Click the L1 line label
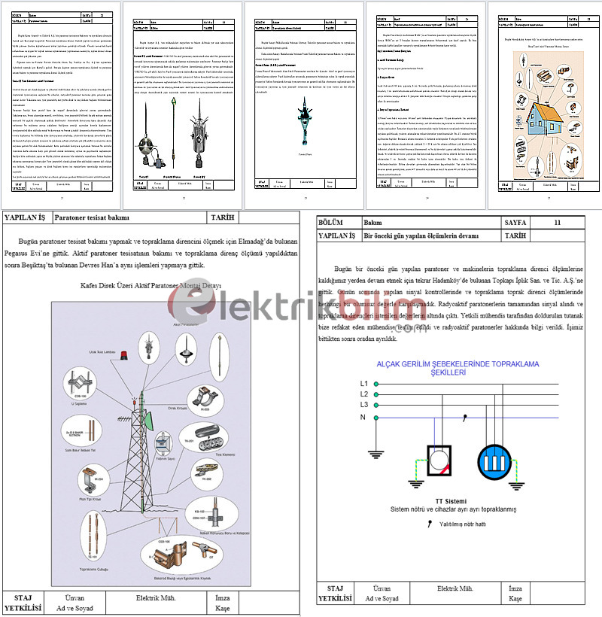tap(364, 384)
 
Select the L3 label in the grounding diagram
tap(364, 405)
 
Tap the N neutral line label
tap(363, 416)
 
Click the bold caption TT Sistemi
tap(450, 501)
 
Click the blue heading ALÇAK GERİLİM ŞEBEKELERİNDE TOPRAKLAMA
tap(450, 364)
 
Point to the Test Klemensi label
tap(226, 454)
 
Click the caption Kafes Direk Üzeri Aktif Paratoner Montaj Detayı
tap(150, 286)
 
